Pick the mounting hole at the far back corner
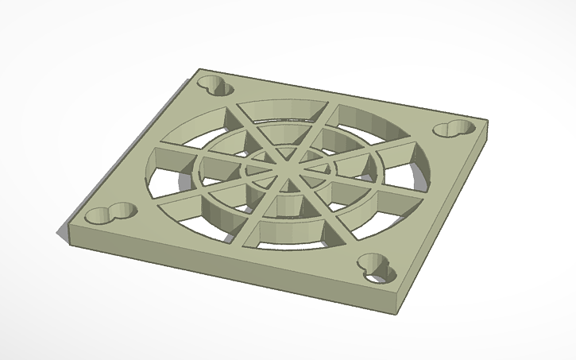pos(215,84)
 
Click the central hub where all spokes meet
pos(284,166)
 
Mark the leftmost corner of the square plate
pos(71,223)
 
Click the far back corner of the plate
pos(200,71)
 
